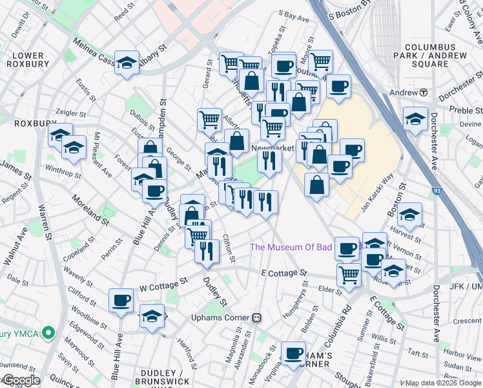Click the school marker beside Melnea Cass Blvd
(x=127, y=63)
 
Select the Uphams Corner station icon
(x=257, y=318)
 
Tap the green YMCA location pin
(x=46, y=332)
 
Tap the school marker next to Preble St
(x=415, y=118)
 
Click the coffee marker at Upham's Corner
(x=294, y=353)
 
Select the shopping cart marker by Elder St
(x=349, y=274)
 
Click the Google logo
(x=22, y=380)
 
